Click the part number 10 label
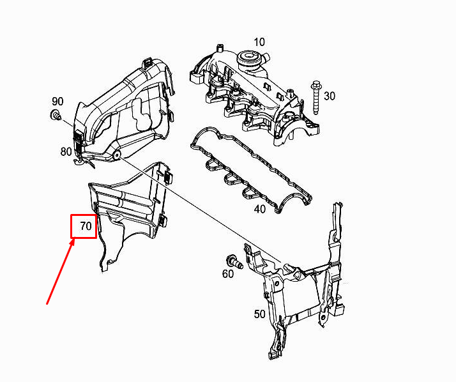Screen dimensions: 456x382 click(259, 42)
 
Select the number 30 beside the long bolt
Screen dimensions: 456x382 click(329, 96)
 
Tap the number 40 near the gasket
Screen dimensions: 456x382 click(260, 209)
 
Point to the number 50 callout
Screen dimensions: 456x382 click(260, 314)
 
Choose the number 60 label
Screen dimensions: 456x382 click(228, 274)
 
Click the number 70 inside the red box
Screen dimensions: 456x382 click(86, 226)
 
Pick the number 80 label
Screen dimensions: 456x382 click(66, 151)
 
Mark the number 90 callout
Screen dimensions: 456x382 click(57, 101)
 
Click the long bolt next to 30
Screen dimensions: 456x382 click(316, 98)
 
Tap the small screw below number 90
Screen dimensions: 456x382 click(56, 114)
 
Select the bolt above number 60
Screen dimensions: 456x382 click(234, 261)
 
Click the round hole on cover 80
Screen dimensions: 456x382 click(116, 155)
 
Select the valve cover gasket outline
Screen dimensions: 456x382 click(251, 170)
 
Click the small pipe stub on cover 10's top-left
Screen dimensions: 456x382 click(220, 48)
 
